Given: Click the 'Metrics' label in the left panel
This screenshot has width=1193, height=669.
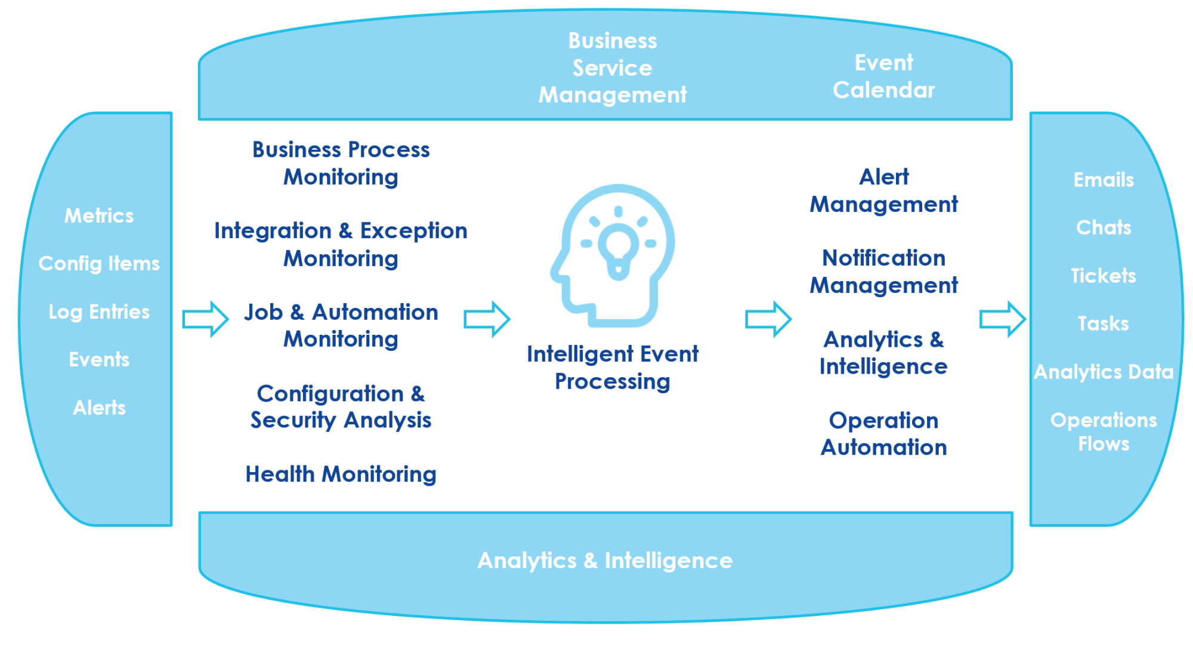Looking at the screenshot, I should pos(99,215).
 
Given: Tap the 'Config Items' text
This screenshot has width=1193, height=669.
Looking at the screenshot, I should pos(99,263).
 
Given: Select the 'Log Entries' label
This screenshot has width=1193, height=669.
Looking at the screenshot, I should pos(99,312).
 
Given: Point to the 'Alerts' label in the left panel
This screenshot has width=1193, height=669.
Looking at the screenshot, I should pos(99,408).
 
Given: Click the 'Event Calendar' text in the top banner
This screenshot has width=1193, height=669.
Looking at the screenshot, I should pos(883,76).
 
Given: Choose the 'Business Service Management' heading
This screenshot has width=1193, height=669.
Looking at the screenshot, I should pos(613,67).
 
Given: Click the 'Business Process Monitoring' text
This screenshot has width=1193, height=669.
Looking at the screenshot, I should pos(341,163).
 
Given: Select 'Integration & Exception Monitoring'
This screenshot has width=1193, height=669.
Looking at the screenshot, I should pos(341,244).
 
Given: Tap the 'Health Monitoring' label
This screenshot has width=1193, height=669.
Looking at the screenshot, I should pos(341,474).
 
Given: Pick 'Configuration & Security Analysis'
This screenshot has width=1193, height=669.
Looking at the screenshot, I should pos(341,406).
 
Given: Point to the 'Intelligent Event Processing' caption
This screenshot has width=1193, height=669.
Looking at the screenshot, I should pos(613,368).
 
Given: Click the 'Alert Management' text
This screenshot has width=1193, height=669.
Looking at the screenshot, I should pos(883,190).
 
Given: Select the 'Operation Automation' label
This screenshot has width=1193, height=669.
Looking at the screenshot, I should pos(883,434).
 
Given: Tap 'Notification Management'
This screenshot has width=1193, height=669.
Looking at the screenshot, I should pos(883,272).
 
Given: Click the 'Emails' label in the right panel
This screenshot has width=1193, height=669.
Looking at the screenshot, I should pos(1104,180).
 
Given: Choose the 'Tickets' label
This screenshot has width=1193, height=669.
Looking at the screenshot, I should pos(1104,276).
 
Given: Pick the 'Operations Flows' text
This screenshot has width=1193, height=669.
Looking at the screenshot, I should pos(1104,432).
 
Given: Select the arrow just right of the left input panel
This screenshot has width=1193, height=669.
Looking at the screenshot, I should pos(205,319).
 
